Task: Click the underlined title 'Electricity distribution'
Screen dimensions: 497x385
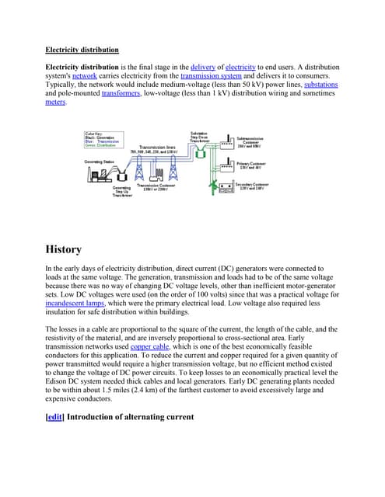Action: coord(82,50)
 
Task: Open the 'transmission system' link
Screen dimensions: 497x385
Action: coord(211,76)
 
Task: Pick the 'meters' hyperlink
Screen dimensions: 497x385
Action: coord(56,102)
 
